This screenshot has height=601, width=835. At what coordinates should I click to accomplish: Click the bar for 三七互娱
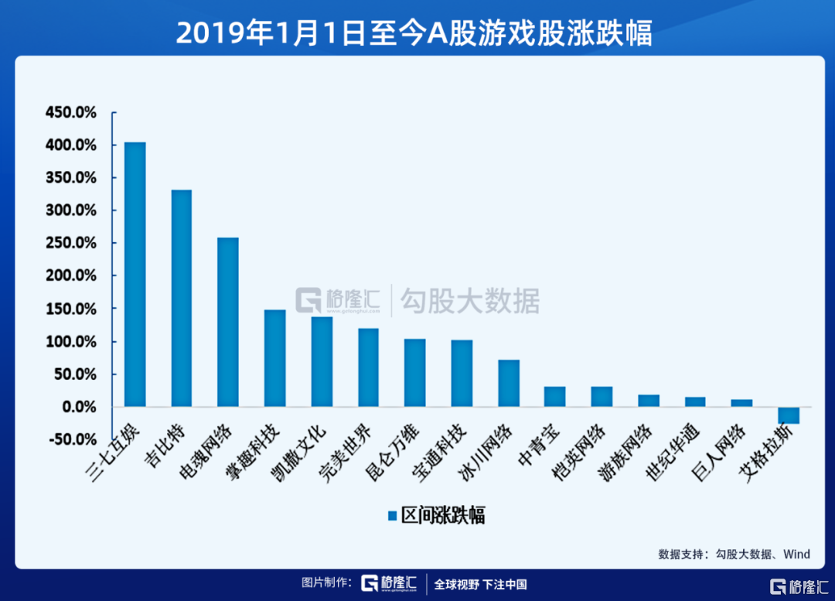135,275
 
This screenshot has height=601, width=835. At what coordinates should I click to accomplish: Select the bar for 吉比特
182,299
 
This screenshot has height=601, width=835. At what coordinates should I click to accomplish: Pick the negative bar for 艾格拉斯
789,415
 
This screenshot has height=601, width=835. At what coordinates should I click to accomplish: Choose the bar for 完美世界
368,367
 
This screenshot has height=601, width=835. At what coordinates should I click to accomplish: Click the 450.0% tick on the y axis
71,113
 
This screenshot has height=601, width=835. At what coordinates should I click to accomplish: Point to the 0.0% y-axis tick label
77,407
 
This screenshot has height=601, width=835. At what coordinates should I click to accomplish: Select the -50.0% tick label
73,439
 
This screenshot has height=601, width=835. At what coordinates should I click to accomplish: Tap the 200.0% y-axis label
71,276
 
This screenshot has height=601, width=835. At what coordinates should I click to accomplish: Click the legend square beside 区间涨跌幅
393,515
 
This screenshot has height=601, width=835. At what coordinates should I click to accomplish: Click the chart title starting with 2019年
414,32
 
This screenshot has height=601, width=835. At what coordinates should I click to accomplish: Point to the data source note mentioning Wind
734,554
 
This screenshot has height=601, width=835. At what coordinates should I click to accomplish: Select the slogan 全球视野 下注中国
480,584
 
